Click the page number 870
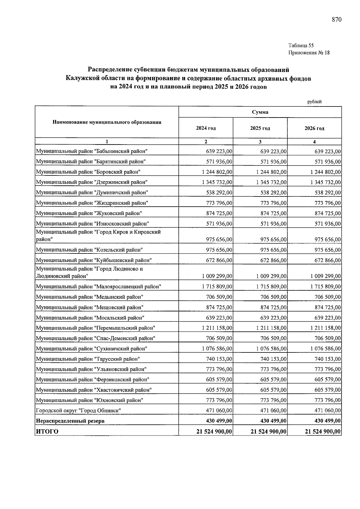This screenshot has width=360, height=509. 337,20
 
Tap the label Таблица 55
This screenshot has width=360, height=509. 301,46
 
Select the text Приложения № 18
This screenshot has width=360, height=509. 309,53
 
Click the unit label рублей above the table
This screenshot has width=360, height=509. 314,102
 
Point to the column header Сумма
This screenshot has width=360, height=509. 260,112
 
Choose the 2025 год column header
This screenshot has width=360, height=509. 260,128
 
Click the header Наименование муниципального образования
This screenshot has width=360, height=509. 107,122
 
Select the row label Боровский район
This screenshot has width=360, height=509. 88,172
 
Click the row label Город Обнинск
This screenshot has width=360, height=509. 78,411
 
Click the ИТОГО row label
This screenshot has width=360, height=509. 47,432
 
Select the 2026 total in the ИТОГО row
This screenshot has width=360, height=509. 323,432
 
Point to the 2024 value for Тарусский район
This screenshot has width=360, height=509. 219,359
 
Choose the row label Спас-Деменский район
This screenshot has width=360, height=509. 95,338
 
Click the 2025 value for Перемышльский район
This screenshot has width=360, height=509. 271,328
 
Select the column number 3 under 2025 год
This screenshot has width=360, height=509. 260,142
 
